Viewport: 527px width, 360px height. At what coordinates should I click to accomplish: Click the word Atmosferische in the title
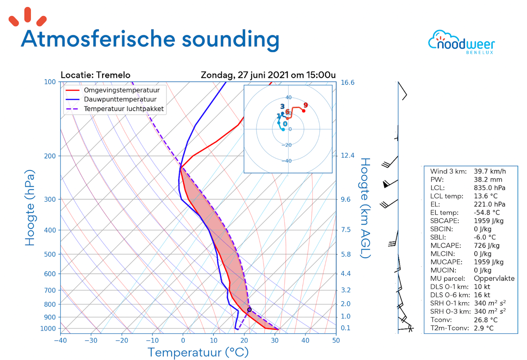coord(98,39)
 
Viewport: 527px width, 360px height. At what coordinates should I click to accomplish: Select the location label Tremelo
coord(113,75)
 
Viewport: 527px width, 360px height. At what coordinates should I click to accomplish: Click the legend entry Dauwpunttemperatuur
coord(120,99)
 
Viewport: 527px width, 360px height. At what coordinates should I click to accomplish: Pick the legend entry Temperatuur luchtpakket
coord(124,109)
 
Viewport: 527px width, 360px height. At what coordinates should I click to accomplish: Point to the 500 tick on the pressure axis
coord(50,254)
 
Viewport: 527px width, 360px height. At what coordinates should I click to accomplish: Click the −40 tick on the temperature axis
coord(60,340)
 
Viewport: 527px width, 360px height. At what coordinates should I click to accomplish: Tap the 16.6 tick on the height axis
coord(347,82)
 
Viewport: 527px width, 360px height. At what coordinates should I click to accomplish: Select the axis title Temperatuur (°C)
coord(198,352)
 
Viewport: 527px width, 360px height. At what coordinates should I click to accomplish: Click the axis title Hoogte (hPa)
coord(30,208)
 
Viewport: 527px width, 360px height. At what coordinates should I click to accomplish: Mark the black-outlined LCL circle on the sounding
coord(249,310)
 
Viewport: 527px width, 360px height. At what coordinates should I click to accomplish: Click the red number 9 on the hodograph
coord(306,105)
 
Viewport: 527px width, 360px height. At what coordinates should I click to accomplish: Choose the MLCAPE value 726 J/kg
coord(487,246)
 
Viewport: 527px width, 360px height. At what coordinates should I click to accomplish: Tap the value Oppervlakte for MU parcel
coord(494,279)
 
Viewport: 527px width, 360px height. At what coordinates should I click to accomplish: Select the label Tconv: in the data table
coord(441,320)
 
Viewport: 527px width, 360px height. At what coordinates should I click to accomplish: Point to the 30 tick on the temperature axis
coord(275,340)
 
